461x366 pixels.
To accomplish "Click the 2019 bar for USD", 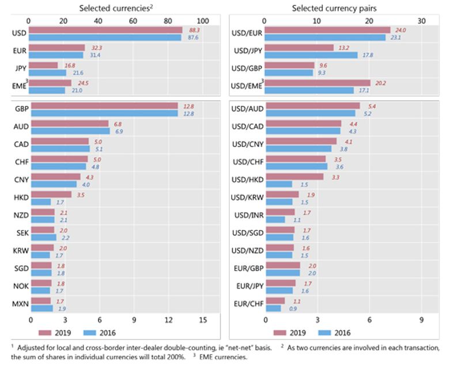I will [x=105, y=29].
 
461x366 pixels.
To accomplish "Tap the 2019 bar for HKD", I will [x=51, y=195].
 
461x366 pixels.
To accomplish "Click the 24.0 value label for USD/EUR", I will [x=399, y=30].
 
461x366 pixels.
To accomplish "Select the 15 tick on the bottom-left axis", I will [x=203, y=319].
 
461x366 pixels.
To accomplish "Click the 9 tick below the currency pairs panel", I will [x=422, y=319].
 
